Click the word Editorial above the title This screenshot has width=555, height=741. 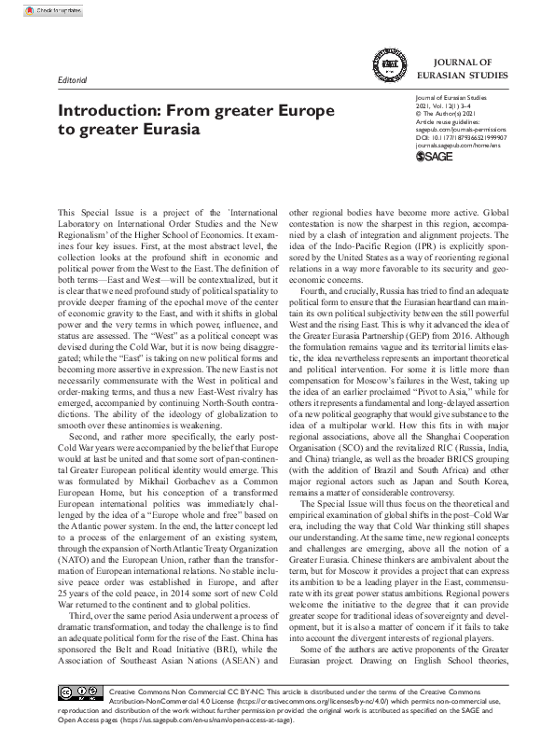[x=74, y=81]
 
